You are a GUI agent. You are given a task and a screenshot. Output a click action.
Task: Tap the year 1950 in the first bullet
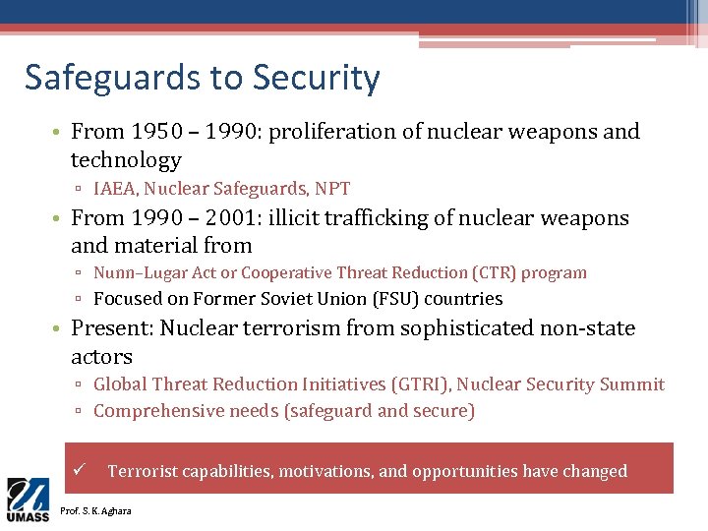pyautogui.click(x=155, y=132)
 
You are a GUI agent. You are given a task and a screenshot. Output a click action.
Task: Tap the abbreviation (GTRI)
pyautogui.click(x=417, y=385)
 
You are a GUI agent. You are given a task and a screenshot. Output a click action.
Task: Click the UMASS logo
pyautogui.click(x=28, y=500)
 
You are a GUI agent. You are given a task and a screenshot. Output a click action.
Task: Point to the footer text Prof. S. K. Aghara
pyautogui.click(x=95, y=510)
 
